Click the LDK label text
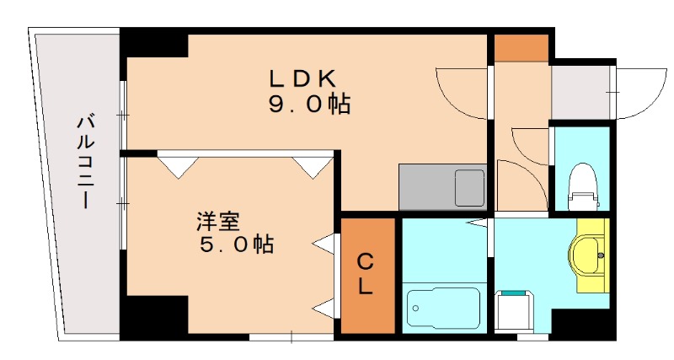(302, 78)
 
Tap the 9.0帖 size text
(304, 105)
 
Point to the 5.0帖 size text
(235, 245)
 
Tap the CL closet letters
(365, 274)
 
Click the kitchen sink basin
(469, 187)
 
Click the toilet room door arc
(527, 143)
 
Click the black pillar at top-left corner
(153, 44)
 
